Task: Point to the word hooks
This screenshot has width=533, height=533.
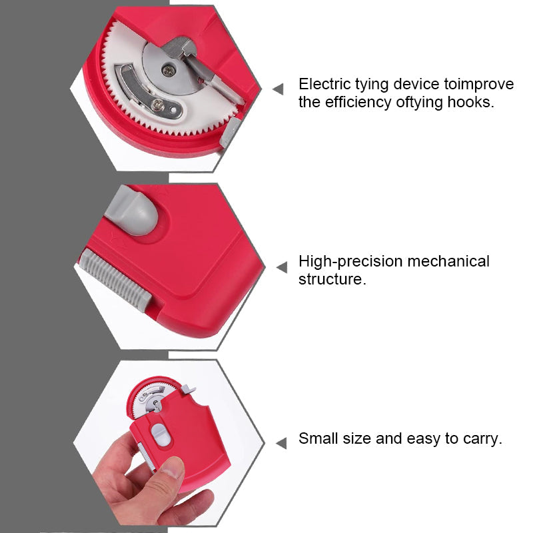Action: pyautogui.click(x=472, y=103)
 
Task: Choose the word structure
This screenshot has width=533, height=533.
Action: pyautogui.click(x=332, y=278)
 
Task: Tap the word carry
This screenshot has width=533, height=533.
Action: pyautogui.click(x=482, y=439)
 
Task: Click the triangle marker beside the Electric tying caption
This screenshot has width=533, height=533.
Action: pyautogui.click(x=278, y=89)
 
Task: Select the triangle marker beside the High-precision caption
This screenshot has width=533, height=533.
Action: pyautogui.click(x=282, y=267)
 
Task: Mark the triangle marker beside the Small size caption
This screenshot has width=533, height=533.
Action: pyautogui.click(x=282, y=442)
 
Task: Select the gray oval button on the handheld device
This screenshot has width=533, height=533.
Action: pyautogui.click(x=159, y=433)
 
